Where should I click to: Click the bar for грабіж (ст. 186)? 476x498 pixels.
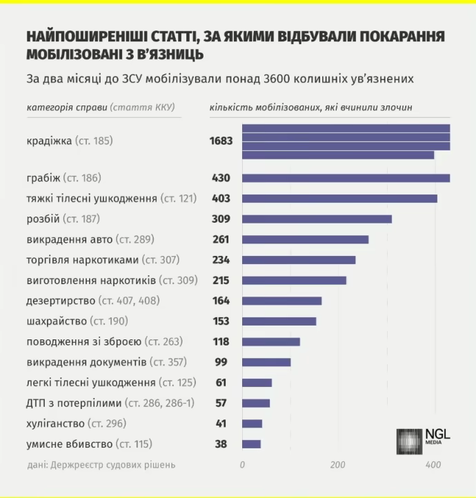pos(346,178)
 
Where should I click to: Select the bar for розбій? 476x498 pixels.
pos(317,219)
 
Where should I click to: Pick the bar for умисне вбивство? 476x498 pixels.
pos(251,444)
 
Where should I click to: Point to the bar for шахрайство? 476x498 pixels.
pos(279,321)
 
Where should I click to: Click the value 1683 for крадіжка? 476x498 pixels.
pos(221,141)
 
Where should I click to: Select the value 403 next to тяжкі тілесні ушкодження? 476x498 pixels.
pos(220,199)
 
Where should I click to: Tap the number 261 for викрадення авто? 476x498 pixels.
pos(220,239)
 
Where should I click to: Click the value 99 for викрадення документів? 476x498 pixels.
pos(222,362)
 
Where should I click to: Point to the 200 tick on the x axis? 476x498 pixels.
pos(337,465)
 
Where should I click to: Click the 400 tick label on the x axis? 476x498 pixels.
pos(433,465)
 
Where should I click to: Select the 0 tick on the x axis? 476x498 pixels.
pos(242,465)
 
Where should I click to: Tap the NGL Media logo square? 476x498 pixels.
pos(409,441)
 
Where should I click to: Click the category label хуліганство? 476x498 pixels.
pos(55,424)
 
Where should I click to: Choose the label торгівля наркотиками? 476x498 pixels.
pos(82,260)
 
